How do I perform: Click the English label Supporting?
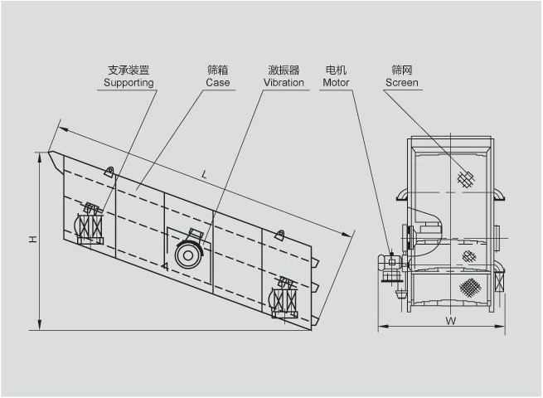(128, 83)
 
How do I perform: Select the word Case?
(218, 83)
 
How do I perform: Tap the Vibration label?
(284, 83)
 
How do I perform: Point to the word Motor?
(337, 83)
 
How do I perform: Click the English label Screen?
(402, 83)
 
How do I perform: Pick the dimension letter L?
(205, 174)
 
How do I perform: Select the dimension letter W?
(450, 320)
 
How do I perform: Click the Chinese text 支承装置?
(128, 70)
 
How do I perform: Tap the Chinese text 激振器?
(284, 70)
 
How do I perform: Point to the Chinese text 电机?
(337, 70)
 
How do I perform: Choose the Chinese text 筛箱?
(218, 70)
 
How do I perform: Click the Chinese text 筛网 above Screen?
(402, 70)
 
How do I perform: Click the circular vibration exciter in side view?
(189, 254)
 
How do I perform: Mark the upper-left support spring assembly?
(90, 224)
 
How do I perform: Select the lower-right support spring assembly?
(285, 298)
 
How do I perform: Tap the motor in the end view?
(391, 264)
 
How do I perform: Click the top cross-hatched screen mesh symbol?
(466, 179)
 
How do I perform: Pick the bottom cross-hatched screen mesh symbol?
(470, 287)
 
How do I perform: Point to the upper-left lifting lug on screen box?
(109, 172)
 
